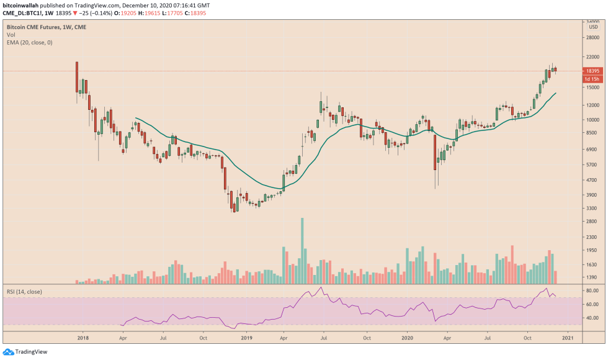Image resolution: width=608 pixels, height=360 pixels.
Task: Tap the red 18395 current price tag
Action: click(592, 71)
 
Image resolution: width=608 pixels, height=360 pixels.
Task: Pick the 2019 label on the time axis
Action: click(247, 338)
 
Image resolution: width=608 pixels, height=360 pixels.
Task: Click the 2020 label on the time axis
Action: click(407, 338)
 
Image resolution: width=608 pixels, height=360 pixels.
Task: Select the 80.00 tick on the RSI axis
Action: click(592, 290)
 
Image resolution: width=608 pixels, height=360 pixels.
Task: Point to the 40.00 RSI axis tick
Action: click(592, 318)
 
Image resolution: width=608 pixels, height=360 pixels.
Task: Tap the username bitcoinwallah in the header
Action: click(22, 4)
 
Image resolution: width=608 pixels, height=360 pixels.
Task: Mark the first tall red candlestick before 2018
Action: click(77, 77)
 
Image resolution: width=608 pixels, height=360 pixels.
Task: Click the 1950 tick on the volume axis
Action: click(592, 251)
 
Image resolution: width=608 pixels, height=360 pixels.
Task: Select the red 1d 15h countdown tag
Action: click(592, 79)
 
